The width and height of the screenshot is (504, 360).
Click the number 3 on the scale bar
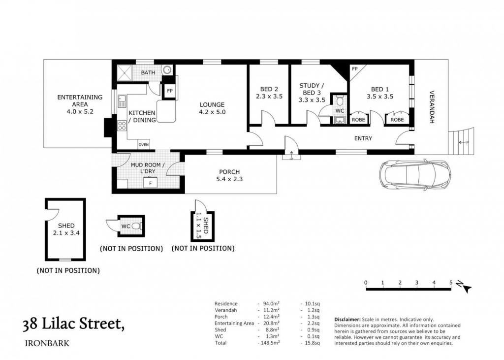click(416, 283)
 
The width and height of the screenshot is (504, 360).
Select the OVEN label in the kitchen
click(143, 145)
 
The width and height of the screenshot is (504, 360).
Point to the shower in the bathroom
click(124, 72)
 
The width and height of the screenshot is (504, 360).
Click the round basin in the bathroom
click(167, 70)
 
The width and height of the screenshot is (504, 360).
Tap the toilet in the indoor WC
click(340, 100)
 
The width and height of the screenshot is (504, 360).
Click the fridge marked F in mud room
click(150, 183)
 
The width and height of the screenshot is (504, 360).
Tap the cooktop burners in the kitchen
click(122, 126)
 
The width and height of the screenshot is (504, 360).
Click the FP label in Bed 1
click(354, 69)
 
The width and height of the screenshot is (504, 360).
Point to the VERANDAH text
click(432, 107)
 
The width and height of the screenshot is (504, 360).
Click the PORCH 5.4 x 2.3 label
click(229, 176)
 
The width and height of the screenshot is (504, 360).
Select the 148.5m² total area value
click(269, 343)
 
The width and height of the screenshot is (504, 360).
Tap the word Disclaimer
click(347, 320)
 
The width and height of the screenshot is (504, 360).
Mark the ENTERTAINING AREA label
click(80, 104)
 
